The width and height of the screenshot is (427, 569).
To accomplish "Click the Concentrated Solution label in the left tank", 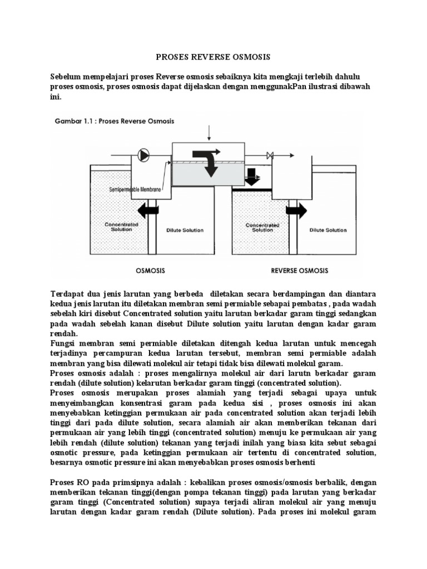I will (118, 228).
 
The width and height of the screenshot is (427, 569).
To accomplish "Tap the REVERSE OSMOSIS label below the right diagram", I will (299, 271).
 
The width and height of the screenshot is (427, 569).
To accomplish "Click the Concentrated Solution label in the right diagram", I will (262, 228).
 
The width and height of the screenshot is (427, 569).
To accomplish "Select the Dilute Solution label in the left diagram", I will (185, 229).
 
